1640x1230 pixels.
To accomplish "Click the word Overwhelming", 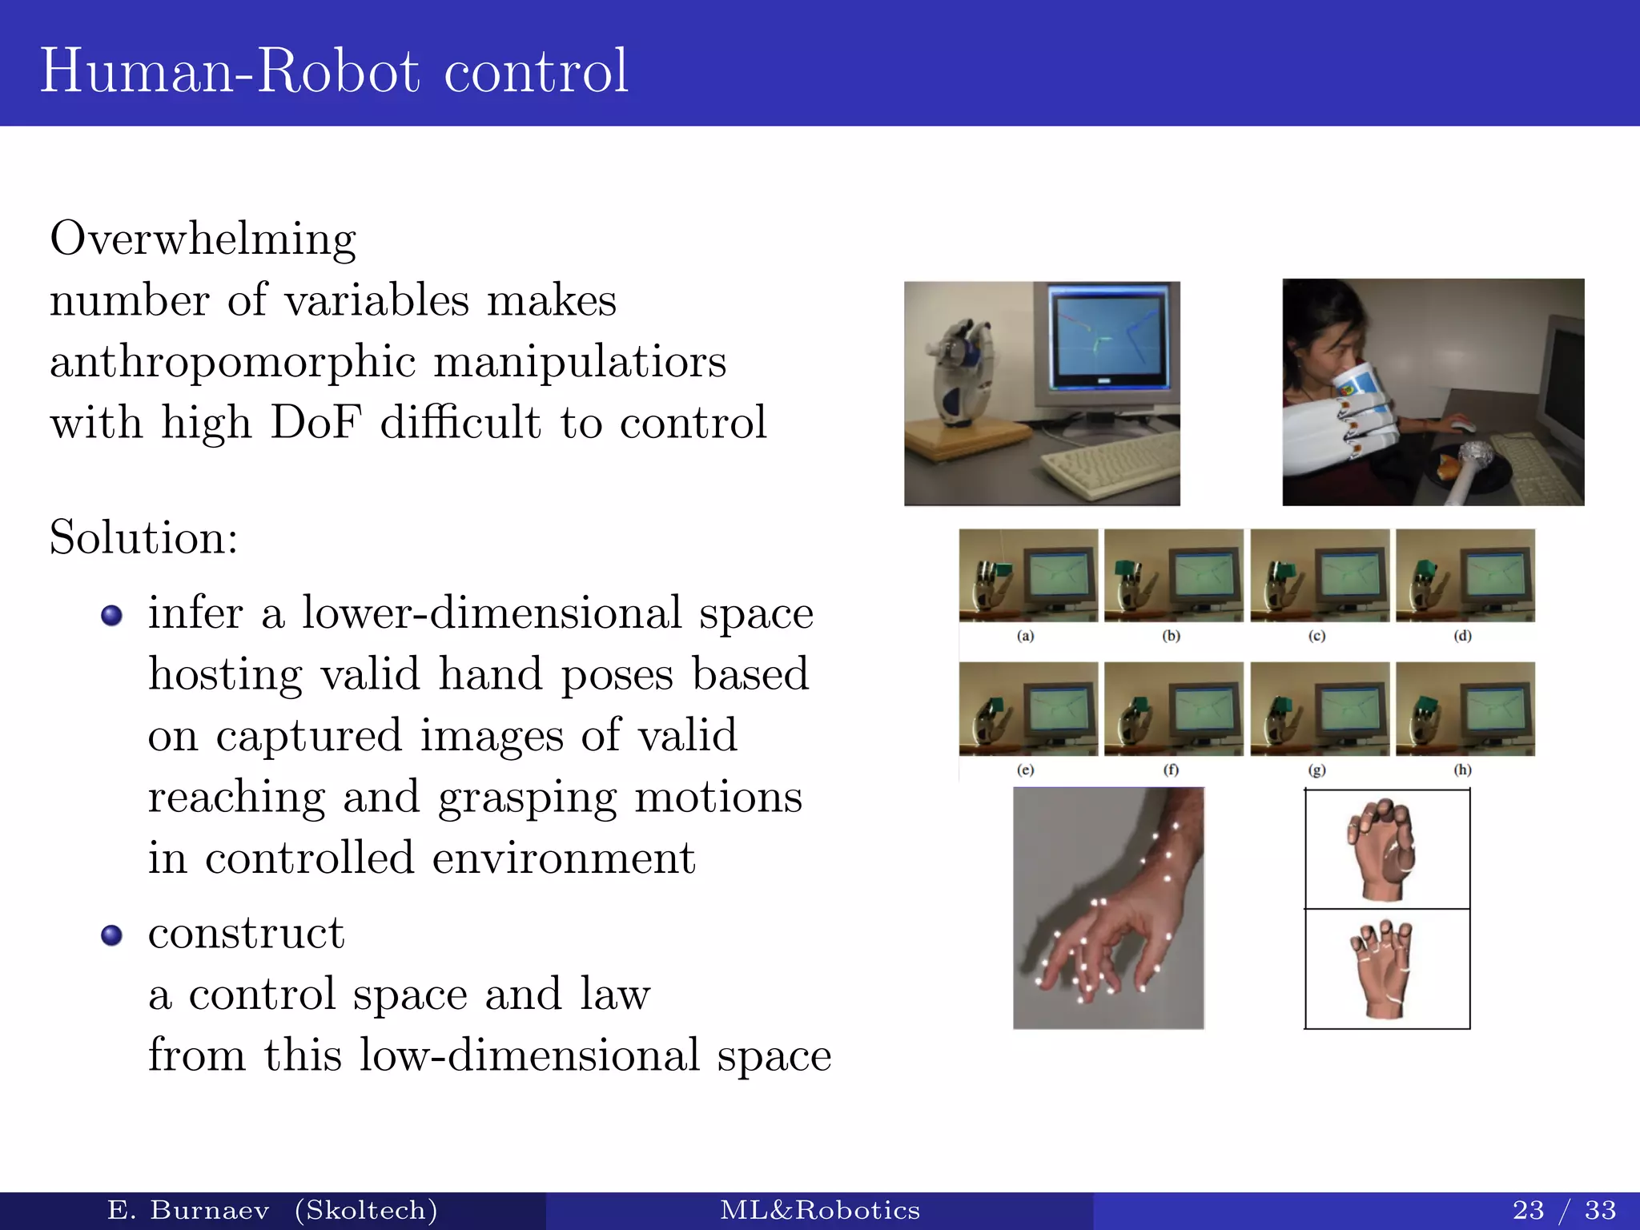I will click(203, 239).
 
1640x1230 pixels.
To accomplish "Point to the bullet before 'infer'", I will click(112, 615).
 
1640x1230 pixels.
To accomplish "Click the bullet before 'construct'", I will click(112, 935).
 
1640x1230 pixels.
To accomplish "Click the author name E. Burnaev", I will click(188, 1209).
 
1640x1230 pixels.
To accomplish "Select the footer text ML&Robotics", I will click(820, 1209).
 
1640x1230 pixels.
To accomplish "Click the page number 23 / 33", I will click(1564, 1209).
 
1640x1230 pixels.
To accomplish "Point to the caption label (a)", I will click(1026, 637).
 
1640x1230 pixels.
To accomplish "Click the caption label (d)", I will click(1463, 637).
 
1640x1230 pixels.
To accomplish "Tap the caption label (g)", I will click(1317, 770).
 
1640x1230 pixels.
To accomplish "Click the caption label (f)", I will click(1172, 770).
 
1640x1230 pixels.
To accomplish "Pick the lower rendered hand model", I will click(1383, 969).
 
